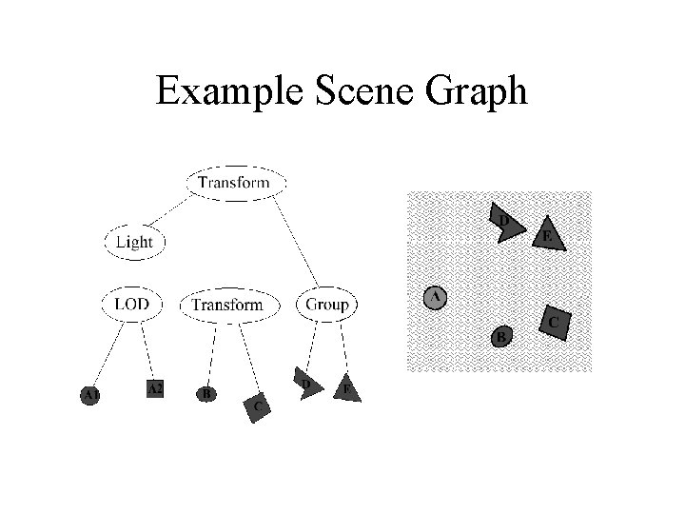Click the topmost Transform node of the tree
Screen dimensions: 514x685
click(x=234, y=182)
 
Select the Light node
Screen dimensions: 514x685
click(x=134, y=242)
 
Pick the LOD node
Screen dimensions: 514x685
click(x=132, y=305)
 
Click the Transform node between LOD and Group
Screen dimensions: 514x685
click(x=227, y=305)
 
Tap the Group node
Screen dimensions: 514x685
click(x=327, y=305)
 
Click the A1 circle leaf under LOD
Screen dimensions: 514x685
click(x=91, y=394)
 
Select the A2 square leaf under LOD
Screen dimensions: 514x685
click(x=155, y=388)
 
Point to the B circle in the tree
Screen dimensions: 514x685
click(x=205, y=393)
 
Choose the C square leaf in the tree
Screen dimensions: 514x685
click(x=257, y=406)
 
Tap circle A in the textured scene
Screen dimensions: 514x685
click(x=435, y=298)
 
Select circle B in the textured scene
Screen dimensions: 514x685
click(x=502, y=336)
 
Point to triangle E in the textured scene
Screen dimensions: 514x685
click(x=547, y=233)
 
